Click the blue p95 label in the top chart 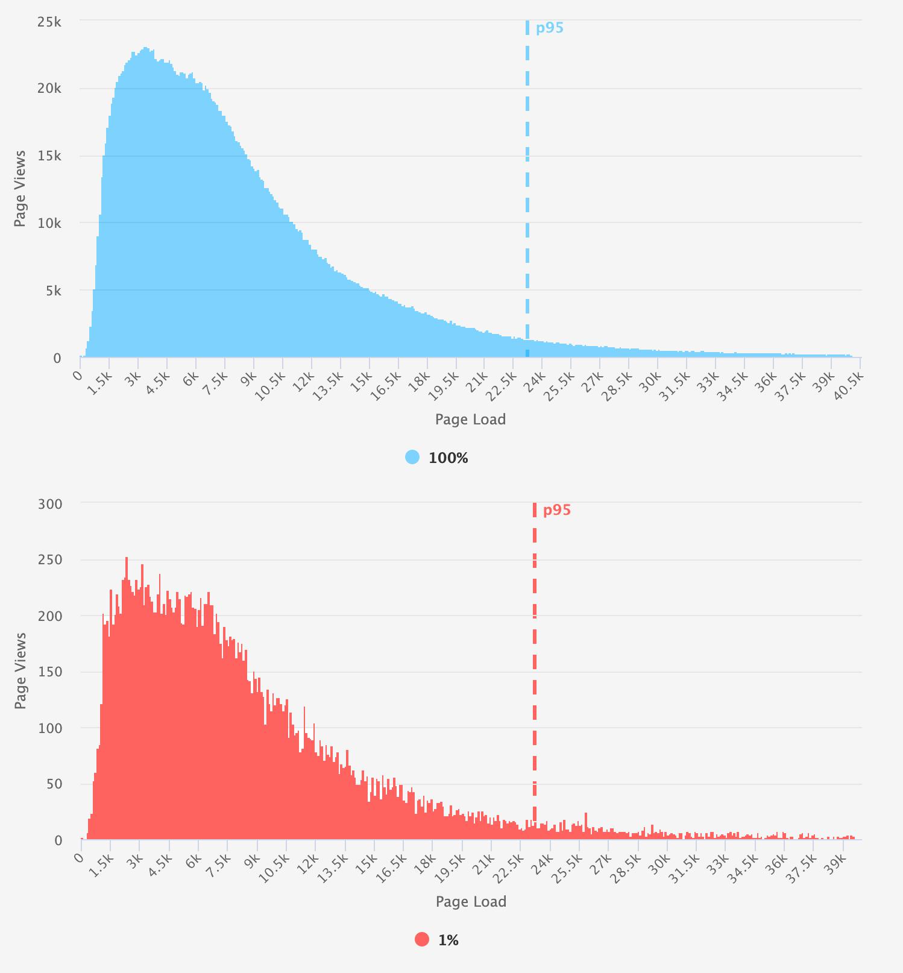pos(549,28)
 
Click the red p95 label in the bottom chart pos(556,510)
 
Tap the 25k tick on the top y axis pos(49,22)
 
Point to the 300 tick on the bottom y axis pos(50,504)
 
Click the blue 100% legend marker pos(412,458)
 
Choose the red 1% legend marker pos(422,939)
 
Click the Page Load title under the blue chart pos(470,420)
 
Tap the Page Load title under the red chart pos(471,901)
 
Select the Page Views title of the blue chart pos(20,188)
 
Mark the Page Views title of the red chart pos(20,670)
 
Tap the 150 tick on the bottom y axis pos(50,672)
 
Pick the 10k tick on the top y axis pos(49,224)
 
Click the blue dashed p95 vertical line pos(527,181)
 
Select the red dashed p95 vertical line pos(535,663)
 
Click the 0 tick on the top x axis pos(78,376)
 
